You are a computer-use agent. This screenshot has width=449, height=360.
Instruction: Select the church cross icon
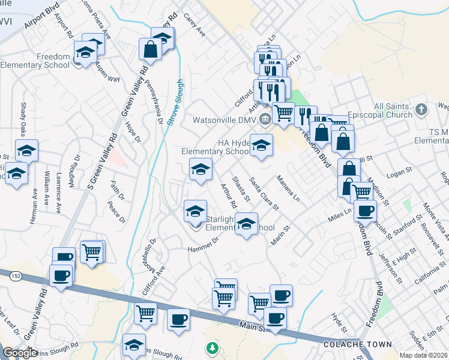click(x=421, y=109)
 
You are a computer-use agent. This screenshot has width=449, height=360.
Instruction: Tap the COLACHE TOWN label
click(x=357, y=345)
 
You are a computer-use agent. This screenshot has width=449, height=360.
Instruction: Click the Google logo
click(x=20, y=353)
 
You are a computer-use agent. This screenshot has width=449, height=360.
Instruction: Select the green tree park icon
click(x=211, y=347)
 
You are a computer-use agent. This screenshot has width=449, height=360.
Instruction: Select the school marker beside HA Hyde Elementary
click(x=261, y=146)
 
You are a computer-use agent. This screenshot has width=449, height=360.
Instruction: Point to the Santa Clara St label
click(x=264, y=194)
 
